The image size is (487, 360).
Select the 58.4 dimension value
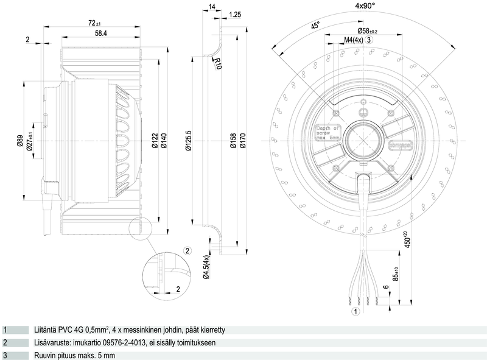[97, 34]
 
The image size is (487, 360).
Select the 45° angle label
[315, 26]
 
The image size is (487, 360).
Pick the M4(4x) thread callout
[354, 40]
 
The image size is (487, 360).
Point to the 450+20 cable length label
[405, 239]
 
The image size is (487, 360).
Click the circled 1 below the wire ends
[356, 311]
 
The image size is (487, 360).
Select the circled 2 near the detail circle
[187, 250]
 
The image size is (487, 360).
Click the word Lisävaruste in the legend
[52, 343]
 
